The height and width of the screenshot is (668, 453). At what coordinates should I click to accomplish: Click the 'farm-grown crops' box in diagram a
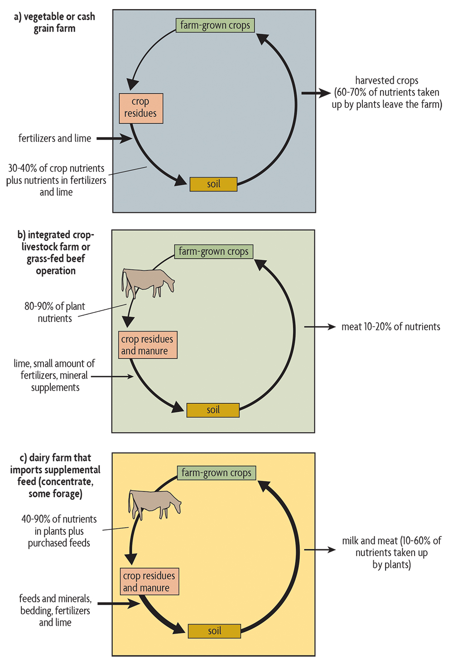215,25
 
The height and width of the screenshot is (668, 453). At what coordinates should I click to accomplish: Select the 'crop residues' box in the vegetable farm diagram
141,108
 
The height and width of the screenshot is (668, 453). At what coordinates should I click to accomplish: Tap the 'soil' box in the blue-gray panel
213,184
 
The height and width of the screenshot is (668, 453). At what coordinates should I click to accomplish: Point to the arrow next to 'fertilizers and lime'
114,139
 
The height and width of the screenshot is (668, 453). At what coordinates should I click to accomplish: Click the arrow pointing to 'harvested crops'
316,93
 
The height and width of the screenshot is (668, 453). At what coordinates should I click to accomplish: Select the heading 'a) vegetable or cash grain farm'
54,23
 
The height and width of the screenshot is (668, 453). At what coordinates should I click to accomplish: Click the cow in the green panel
147,282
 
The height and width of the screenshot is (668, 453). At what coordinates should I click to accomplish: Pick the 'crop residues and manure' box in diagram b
147,345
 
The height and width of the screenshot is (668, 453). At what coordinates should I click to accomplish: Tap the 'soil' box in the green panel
213,410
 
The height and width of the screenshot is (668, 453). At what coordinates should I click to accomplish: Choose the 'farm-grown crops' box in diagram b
214,251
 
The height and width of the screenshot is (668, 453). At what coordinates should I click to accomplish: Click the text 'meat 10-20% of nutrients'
390,327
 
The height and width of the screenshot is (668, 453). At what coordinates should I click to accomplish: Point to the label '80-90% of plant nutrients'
55,312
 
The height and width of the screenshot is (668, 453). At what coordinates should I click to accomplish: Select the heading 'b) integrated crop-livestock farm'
56,253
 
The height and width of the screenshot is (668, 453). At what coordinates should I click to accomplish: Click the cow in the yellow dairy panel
154,503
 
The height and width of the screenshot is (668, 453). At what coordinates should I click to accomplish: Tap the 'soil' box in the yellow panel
214,631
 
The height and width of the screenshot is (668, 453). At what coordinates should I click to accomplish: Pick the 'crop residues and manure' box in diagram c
149,581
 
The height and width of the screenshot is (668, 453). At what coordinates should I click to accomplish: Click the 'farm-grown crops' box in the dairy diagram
217,473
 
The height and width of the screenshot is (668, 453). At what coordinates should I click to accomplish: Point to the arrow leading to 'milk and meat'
320,550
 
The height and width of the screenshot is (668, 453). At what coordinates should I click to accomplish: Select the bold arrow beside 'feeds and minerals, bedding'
119,604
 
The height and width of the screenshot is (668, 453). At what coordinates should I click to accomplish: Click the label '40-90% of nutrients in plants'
59,531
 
